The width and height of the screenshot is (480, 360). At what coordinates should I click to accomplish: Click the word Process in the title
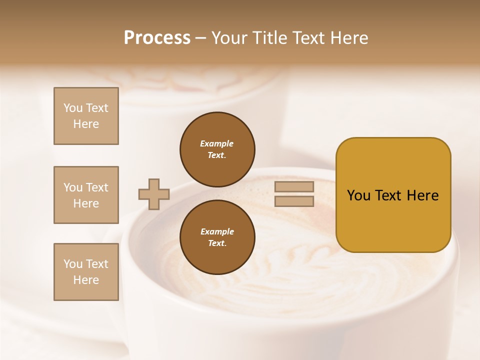pos(157,38)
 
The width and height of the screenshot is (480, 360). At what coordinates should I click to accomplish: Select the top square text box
pos(86,116)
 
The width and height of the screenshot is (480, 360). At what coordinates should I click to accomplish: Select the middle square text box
pos(86,195)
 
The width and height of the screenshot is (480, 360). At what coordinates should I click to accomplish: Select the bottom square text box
pos(86,272)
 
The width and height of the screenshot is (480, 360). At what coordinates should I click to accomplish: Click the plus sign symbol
pos(154,194)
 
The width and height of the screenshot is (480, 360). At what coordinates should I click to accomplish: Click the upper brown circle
pos(217,149)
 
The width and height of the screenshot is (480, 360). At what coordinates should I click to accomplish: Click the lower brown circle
pos(217,237)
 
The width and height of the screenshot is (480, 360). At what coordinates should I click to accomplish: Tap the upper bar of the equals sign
pos(294,187)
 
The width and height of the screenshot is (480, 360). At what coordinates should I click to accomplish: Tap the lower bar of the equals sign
pos(294,201)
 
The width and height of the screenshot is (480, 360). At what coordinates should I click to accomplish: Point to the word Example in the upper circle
pos(217,143)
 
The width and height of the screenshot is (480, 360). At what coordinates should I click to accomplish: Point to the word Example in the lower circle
pos(217,231)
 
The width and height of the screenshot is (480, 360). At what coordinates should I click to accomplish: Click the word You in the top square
pos(73,108)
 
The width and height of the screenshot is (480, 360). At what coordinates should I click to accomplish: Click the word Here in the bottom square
pos(86,280)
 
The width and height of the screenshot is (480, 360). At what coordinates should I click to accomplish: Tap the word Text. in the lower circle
pos(217,243)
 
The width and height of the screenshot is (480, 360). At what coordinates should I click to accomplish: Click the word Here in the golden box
pos(422,195)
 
